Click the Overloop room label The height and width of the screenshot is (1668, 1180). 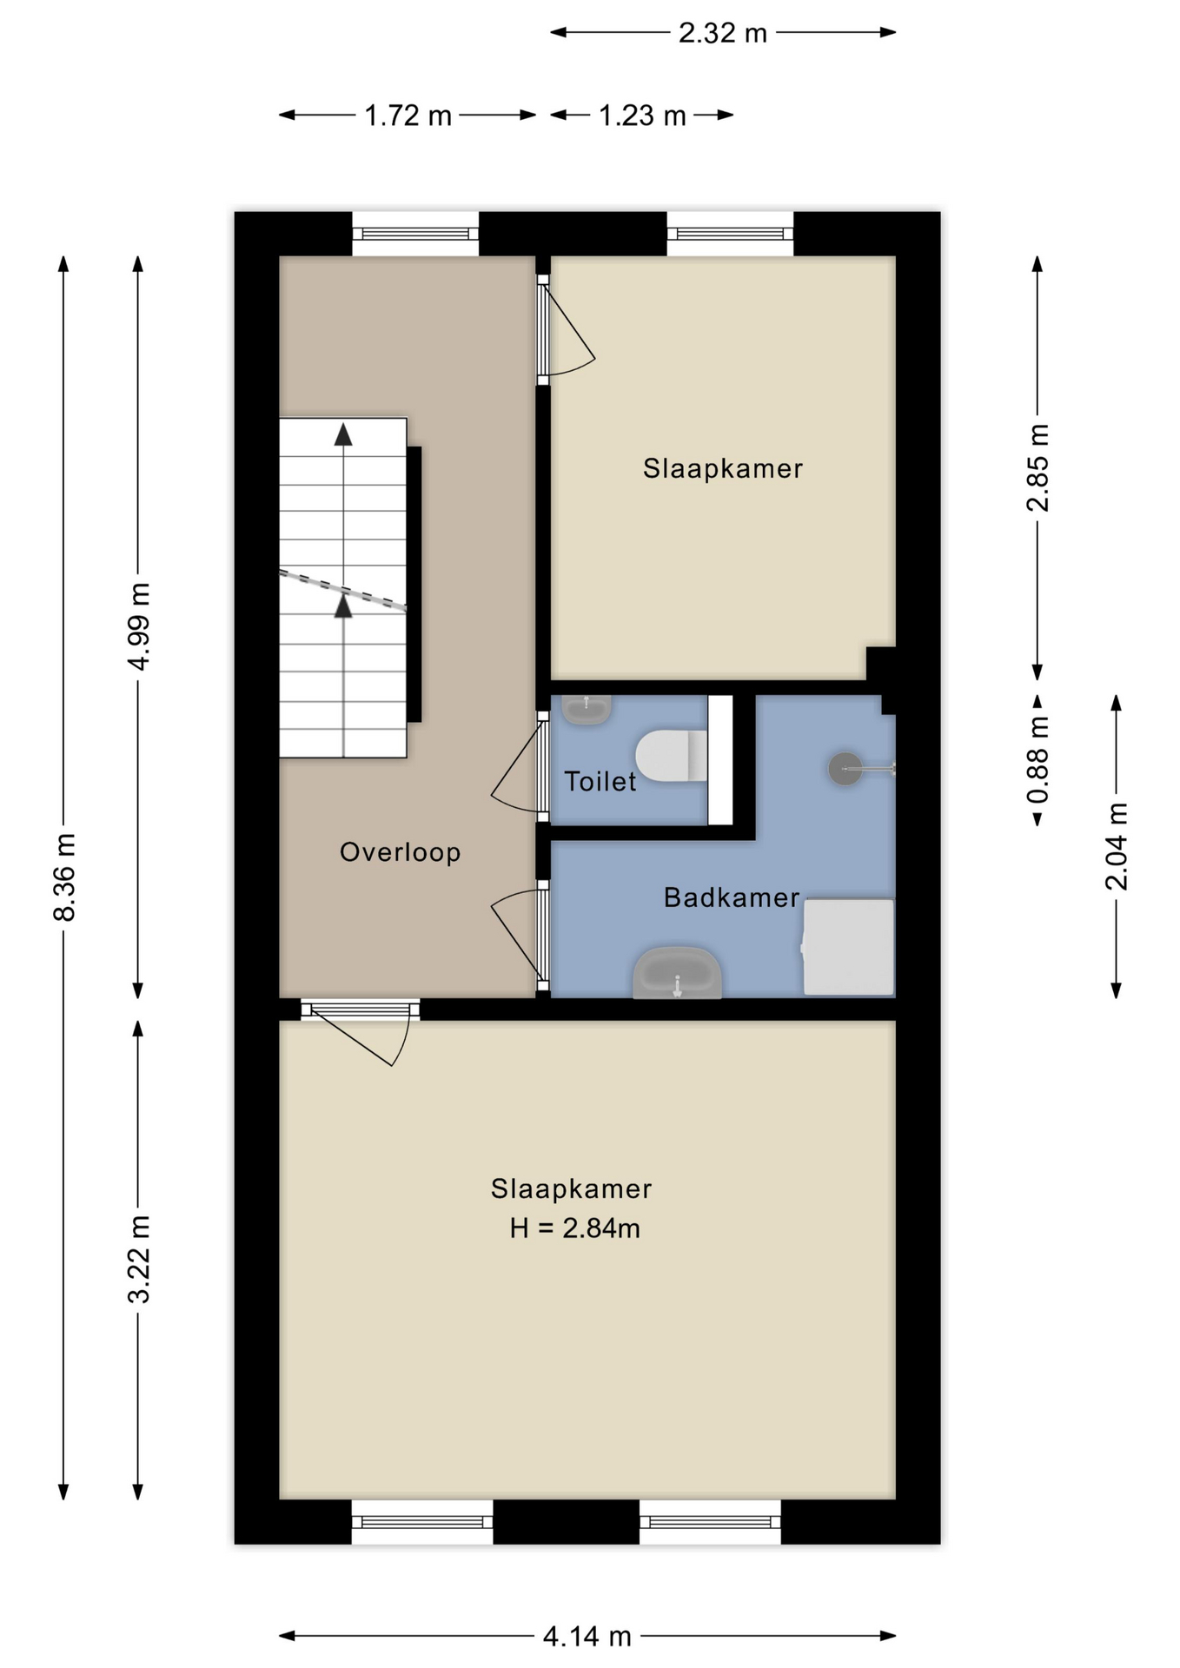point(400,852)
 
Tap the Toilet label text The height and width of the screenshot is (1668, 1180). point(600,782)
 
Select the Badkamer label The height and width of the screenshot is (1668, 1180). point(732,897)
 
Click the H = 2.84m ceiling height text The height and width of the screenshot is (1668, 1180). point(575,1228)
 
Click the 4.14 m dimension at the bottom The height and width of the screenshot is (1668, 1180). point(587,1637)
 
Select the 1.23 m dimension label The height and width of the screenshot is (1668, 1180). point(642,116)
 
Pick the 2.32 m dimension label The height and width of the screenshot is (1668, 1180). point(723,33)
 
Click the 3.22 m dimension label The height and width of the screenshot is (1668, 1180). point(139,1259)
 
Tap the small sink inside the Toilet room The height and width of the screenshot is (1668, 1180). point(587,709)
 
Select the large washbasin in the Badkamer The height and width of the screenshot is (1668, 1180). point(678,973)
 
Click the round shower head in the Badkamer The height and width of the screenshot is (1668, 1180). point(845,768)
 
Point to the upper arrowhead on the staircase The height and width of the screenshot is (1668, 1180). point(344,434)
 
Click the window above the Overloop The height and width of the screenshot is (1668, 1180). point(415,234)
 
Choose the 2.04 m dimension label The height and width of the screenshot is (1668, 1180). point(1117,847)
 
